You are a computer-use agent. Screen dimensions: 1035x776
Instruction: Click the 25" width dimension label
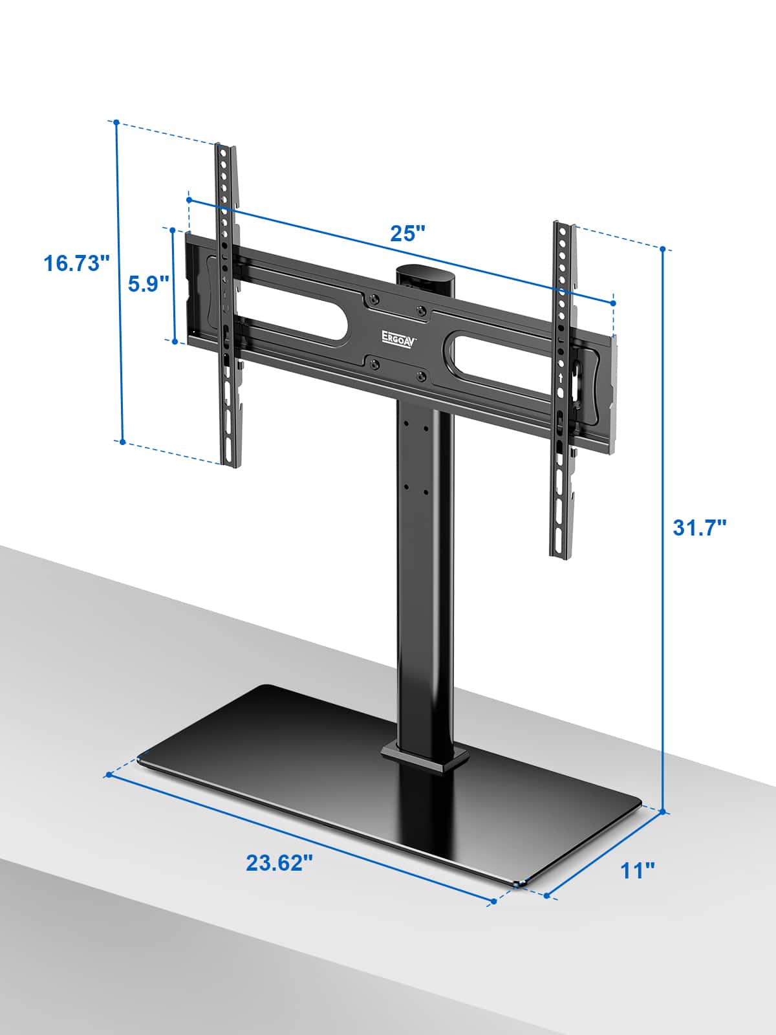pyautogui.click(x=408, y=233)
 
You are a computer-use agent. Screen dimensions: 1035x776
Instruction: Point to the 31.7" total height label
pyautogui.click(x=700, y=527)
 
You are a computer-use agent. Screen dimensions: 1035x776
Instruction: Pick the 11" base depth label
pyautogui.click(x=638, y=870)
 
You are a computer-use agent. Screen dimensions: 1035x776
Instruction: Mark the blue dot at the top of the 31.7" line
pyautogui.click(x=663, y=248)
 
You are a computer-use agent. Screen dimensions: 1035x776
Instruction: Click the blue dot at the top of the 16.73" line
pyautogui.click(x=116, y=122)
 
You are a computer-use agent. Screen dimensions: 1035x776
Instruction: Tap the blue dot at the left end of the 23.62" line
pyautogui.click(x=109, y=774)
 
